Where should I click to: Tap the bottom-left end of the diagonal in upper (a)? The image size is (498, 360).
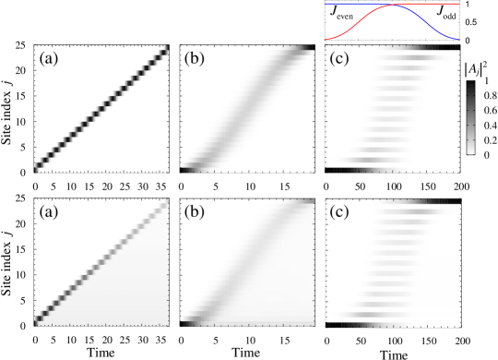[38, 166]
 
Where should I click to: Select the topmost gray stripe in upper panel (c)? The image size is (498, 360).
[420, 57]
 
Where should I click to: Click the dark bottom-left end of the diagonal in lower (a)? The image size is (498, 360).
[38, 320]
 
